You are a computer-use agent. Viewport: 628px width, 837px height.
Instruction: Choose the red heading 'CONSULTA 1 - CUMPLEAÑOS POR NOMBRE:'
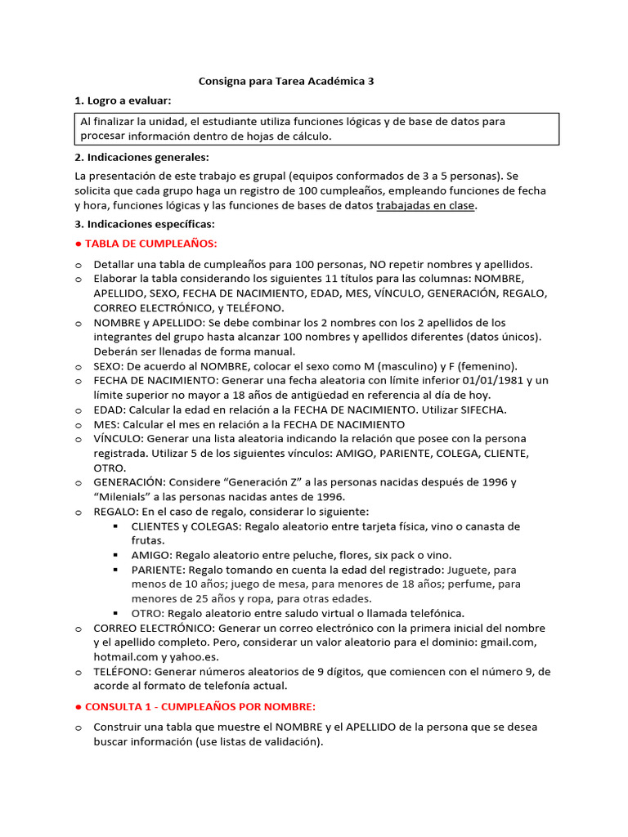[200, 706]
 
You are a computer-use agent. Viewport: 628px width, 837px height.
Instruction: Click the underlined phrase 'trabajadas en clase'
[425, 206]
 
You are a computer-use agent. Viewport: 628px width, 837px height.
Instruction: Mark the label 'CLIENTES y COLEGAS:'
[185, 526]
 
